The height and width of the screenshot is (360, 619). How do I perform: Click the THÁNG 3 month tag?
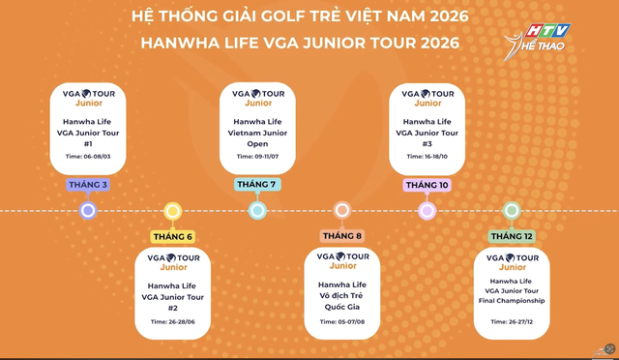pos(88,185)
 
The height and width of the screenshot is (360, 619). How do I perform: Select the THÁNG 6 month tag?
pos(172,236)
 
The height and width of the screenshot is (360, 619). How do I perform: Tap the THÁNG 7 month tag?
pos(257,185)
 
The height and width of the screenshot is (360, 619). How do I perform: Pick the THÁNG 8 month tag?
pos(341,236)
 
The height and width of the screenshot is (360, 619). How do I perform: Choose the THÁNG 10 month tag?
pos(427,185)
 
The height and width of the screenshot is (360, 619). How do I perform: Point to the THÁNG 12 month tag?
pos(512,236)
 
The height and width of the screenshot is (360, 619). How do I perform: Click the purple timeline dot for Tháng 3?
pos(88,210)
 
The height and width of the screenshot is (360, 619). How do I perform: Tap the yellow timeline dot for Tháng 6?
pos(172,210)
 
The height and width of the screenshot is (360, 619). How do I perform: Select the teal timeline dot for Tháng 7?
pos(257,210)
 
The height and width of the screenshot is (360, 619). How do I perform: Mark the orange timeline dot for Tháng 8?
pos(341,210)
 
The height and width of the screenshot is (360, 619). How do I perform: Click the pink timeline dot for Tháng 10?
pos(427,210)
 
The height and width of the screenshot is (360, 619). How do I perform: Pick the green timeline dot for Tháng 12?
pos(512,210)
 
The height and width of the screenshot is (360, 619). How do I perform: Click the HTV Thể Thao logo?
pos(540,38)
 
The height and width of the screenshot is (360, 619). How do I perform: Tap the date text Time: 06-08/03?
pos(88,156)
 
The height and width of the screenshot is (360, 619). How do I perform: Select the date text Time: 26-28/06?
pos(172,321)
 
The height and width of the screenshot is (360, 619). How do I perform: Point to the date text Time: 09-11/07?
pos(257,156)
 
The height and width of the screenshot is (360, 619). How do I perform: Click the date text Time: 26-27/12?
pos(512,321)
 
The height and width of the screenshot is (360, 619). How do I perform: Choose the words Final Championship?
pos(512,301)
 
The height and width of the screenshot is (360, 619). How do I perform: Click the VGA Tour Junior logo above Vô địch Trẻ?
pos(341,261)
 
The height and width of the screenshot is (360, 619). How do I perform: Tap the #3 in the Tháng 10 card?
pos(427,143)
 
